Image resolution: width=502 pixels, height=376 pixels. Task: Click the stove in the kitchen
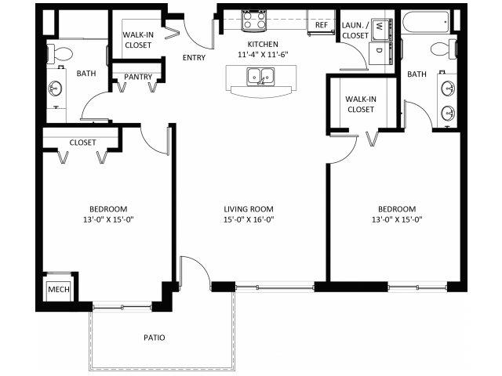pyautogui.click(x=254, y=20)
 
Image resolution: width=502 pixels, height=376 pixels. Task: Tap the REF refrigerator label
pyautogui.click(x=321, y=24)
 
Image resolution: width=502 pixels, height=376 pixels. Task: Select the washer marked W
pyautogui.click(x=382, y=30)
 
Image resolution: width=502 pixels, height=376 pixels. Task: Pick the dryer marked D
pyautogui.click(x=381, y=52)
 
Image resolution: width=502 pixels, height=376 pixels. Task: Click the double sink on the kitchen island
pyautogui.click(x=260, y=77)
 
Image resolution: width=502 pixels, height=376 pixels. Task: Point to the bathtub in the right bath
pyautogui.click(x=425, y=22)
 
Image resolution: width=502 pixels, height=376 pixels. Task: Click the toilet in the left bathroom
pyautogui.click(x=60, y=54)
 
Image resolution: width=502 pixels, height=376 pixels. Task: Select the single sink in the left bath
pyautogui.click(x=55, y=88)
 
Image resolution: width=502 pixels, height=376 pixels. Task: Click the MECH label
pyautogui.click(x=59, y=289)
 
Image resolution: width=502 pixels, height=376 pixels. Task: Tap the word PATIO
pyautogui.click(x=155, y=338)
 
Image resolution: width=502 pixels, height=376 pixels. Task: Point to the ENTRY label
pyautogui.click(x=194, y=57)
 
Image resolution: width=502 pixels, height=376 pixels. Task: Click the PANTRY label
pyautogui.click(x=138, y=77)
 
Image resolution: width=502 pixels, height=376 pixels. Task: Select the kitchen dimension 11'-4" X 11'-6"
pyautogui.click(x=263, y=54)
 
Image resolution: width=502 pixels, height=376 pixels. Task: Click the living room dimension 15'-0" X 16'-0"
pyautogui.click(x=249, y=219)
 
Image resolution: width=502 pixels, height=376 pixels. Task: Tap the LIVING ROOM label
pyautogui.click(x=249, y=209)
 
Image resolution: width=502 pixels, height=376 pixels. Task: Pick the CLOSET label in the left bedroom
pyautogui.click(x=82, y=143)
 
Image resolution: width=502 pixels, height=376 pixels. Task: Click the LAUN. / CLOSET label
pyautogui.click(x=355, y=30)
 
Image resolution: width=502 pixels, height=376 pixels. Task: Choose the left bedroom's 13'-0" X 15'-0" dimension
pyautogui.click(x=108, y=219)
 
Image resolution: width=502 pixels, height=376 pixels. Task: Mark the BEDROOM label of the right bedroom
pyautogui.click(x=397, y=209)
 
